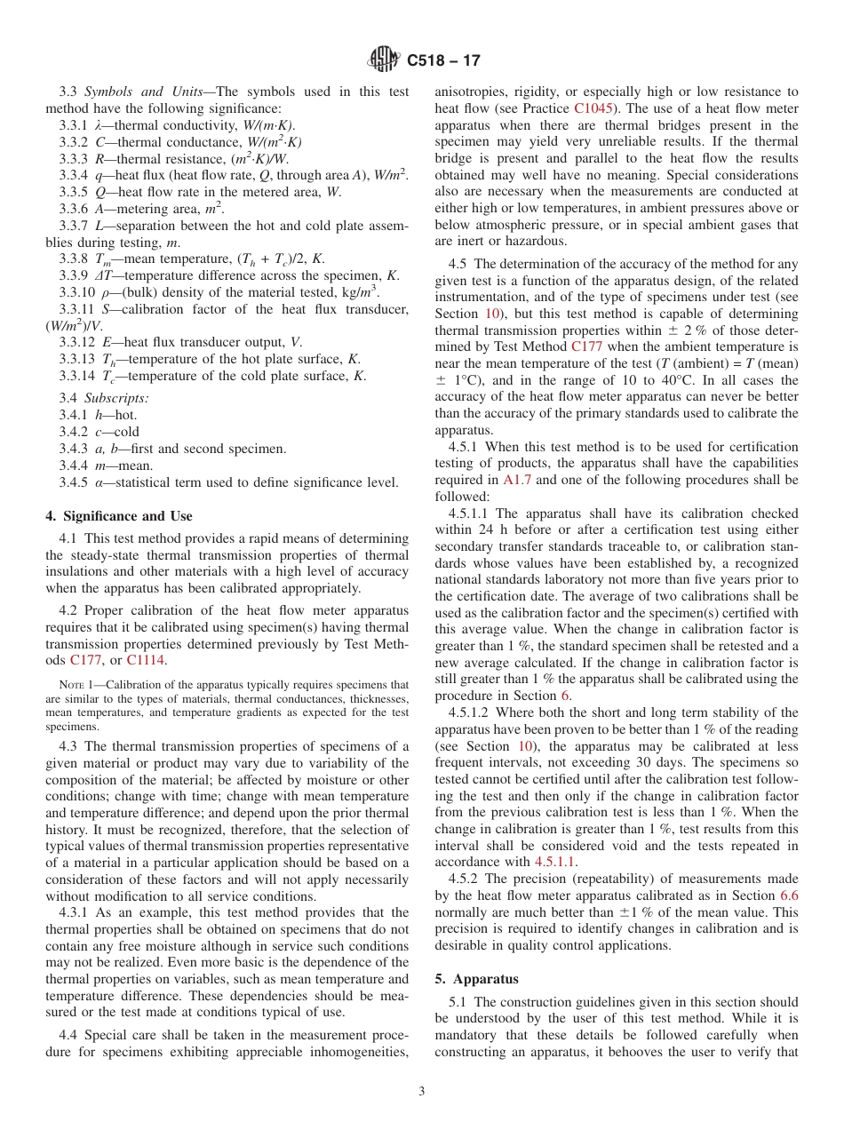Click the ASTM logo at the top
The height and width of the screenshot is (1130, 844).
384,60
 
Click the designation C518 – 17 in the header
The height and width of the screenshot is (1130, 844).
443,61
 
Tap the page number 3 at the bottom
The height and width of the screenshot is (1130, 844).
422,1091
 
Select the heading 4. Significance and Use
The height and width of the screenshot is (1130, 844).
118,516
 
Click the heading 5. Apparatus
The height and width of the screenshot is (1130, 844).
476,979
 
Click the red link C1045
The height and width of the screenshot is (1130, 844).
597,109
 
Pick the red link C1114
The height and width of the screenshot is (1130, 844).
145,660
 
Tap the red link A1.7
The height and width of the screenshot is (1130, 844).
518,480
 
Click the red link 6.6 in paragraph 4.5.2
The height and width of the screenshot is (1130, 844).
788,895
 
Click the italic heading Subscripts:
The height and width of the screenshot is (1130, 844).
116,398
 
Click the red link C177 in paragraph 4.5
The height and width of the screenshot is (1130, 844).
588,347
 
